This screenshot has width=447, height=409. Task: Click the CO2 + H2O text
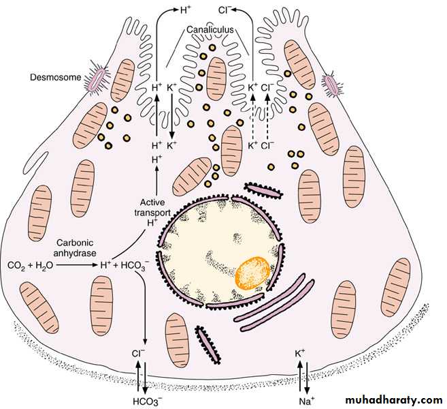(x=29, y=265)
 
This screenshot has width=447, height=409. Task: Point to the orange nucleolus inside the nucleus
(x=253, y=271)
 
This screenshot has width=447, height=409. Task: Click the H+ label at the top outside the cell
(x=186, y=10)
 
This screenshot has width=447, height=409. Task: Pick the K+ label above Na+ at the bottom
(x=300, y=354)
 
